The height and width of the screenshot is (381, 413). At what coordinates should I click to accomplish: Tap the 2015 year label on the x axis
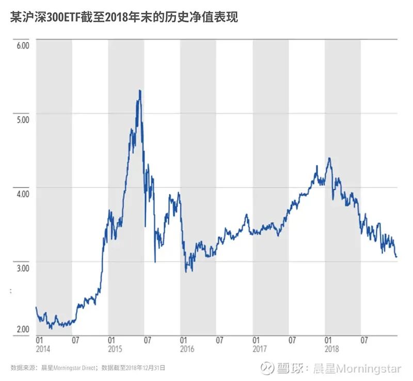(115, 349)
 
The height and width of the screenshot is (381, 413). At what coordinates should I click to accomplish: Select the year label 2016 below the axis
(187, 349)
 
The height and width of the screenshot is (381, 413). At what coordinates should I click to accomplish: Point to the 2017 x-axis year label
(259, 349)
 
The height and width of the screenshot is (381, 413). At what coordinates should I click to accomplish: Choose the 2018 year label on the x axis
(331, 349)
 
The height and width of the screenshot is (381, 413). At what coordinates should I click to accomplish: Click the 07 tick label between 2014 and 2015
(76, 340)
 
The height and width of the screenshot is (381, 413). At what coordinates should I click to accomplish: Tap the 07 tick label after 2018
(364, 340)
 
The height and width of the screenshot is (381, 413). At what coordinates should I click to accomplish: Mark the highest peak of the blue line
(139, 91)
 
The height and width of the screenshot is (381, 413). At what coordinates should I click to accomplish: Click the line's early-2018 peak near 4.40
(329, 158)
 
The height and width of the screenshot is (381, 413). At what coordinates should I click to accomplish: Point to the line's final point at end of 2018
(396, 256)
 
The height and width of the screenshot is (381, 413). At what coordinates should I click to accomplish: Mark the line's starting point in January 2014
(36, 307)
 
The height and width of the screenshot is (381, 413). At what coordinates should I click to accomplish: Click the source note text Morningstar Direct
(69, 368)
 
